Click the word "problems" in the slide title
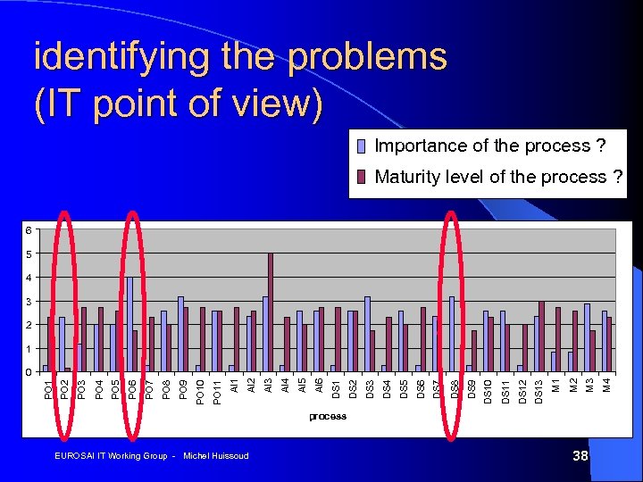367,57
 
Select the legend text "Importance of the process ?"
489,145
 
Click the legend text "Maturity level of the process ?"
498,177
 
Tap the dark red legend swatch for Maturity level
362,177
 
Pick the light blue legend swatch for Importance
362,146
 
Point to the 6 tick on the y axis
28,230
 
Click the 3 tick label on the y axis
28,302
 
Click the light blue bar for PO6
129,324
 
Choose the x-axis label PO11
217,391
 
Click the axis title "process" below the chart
328,417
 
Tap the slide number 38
580,456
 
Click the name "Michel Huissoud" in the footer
215,456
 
